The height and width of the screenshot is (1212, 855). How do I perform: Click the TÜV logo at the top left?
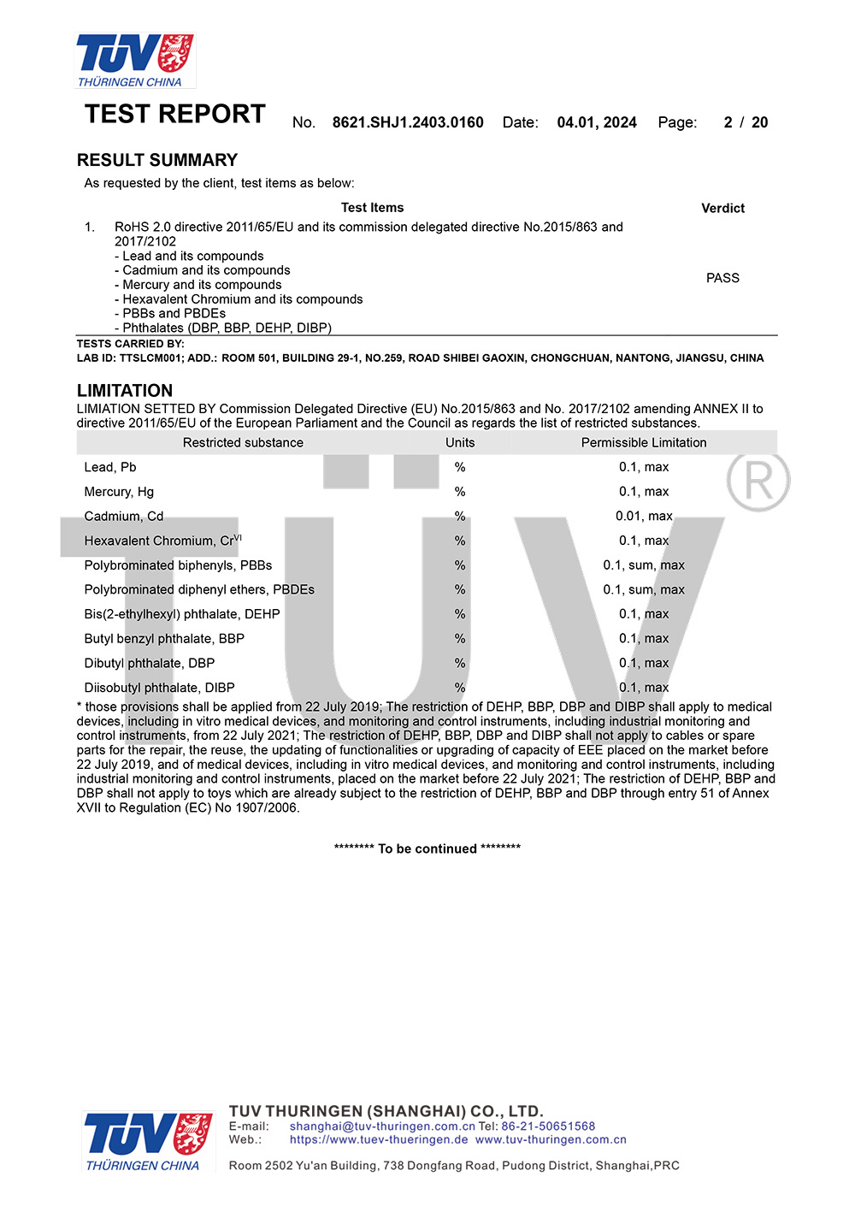pos(135,60)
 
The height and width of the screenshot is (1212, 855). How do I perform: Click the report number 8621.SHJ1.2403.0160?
pos(408,122)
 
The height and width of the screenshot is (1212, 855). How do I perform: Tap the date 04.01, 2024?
pos(597,122)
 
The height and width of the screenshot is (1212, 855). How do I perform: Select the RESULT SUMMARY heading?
pos(157,160)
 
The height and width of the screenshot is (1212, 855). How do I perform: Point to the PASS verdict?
pos(722,278)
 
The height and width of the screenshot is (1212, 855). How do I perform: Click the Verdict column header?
pos(722,208)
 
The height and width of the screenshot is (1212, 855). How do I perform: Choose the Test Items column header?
pos(372,207)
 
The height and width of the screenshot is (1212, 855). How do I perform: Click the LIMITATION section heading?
pos(125,390)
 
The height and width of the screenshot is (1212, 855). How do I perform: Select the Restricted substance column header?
pos(243,442)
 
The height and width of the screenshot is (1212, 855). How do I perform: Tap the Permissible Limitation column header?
pos(644,442)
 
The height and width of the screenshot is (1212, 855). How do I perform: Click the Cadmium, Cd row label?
pos(124,516)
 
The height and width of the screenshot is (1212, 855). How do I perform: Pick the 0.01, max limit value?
pos(644,516)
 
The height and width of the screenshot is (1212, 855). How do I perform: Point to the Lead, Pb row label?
pos(110,467)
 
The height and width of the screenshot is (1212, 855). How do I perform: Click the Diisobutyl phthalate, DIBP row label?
pos(159,688)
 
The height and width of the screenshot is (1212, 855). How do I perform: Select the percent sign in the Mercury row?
pos(460,492)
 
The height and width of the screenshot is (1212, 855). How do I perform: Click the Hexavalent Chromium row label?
pos(162,541)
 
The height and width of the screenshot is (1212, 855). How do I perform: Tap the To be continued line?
pos(427,848)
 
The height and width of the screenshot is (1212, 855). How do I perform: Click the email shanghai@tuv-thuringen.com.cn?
pos(382,1126)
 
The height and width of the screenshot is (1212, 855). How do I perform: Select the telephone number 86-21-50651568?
pos(548,1126)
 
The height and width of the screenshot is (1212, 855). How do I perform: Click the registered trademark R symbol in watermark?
pos(758,480)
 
